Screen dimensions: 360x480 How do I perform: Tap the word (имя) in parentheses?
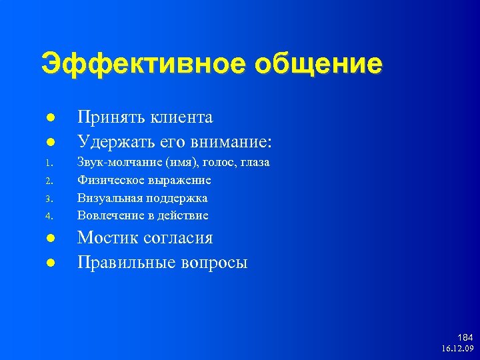(177, 163)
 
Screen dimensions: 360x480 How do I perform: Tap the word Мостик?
(107, 239)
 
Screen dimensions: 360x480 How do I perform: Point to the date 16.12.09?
(457, 349)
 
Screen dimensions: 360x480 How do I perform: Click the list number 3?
(49, 199)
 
